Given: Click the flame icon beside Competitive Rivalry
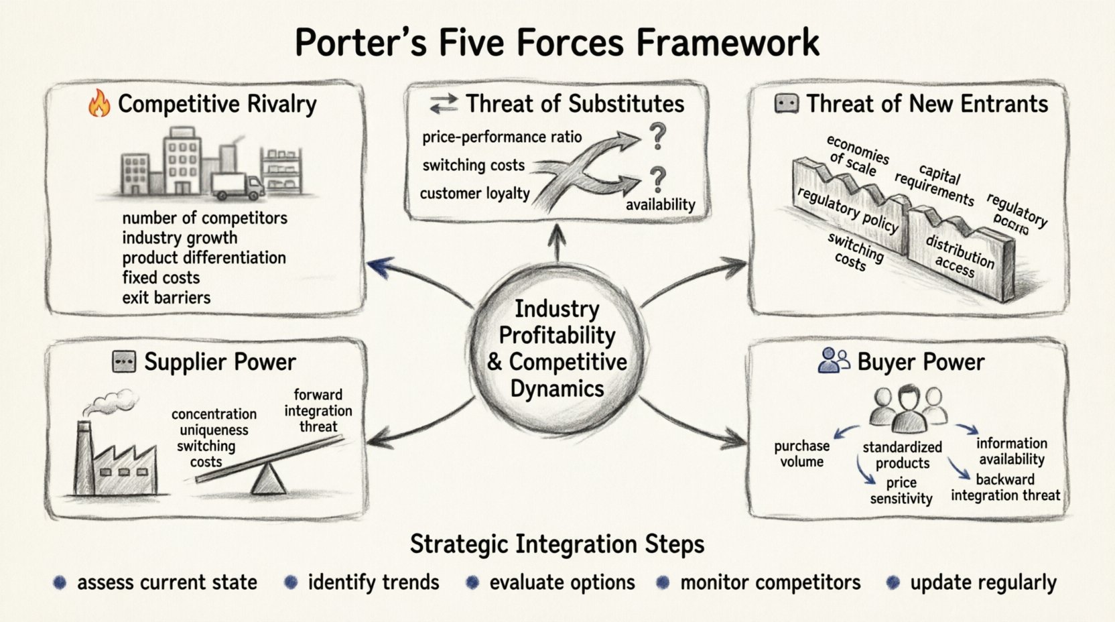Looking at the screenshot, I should click(99, 105).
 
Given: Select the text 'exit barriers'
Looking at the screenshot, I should click(166, 298).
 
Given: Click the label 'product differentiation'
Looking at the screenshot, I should click(204, 258).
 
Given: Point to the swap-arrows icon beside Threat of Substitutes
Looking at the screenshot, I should click(443, 104).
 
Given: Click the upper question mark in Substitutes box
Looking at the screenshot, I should click(658, 136).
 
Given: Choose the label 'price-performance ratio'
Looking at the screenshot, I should click(501, 137).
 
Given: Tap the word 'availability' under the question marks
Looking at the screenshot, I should click(660, 205).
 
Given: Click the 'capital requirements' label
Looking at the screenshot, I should click(935, 184).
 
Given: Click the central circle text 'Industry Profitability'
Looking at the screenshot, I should click(557, 322).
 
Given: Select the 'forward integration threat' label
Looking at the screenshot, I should click(318, 411).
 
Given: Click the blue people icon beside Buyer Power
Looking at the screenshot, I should click(834, 361).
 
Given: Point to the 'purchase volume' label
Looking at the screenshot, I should click(801, 454).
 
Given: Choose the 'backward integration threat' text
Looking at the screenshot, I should click(1005, 487).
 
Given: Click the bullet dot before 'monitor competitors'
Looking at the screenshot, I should click(663, 582).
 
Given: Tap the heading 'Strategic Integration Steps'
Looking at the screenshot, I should click(557, 544).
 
